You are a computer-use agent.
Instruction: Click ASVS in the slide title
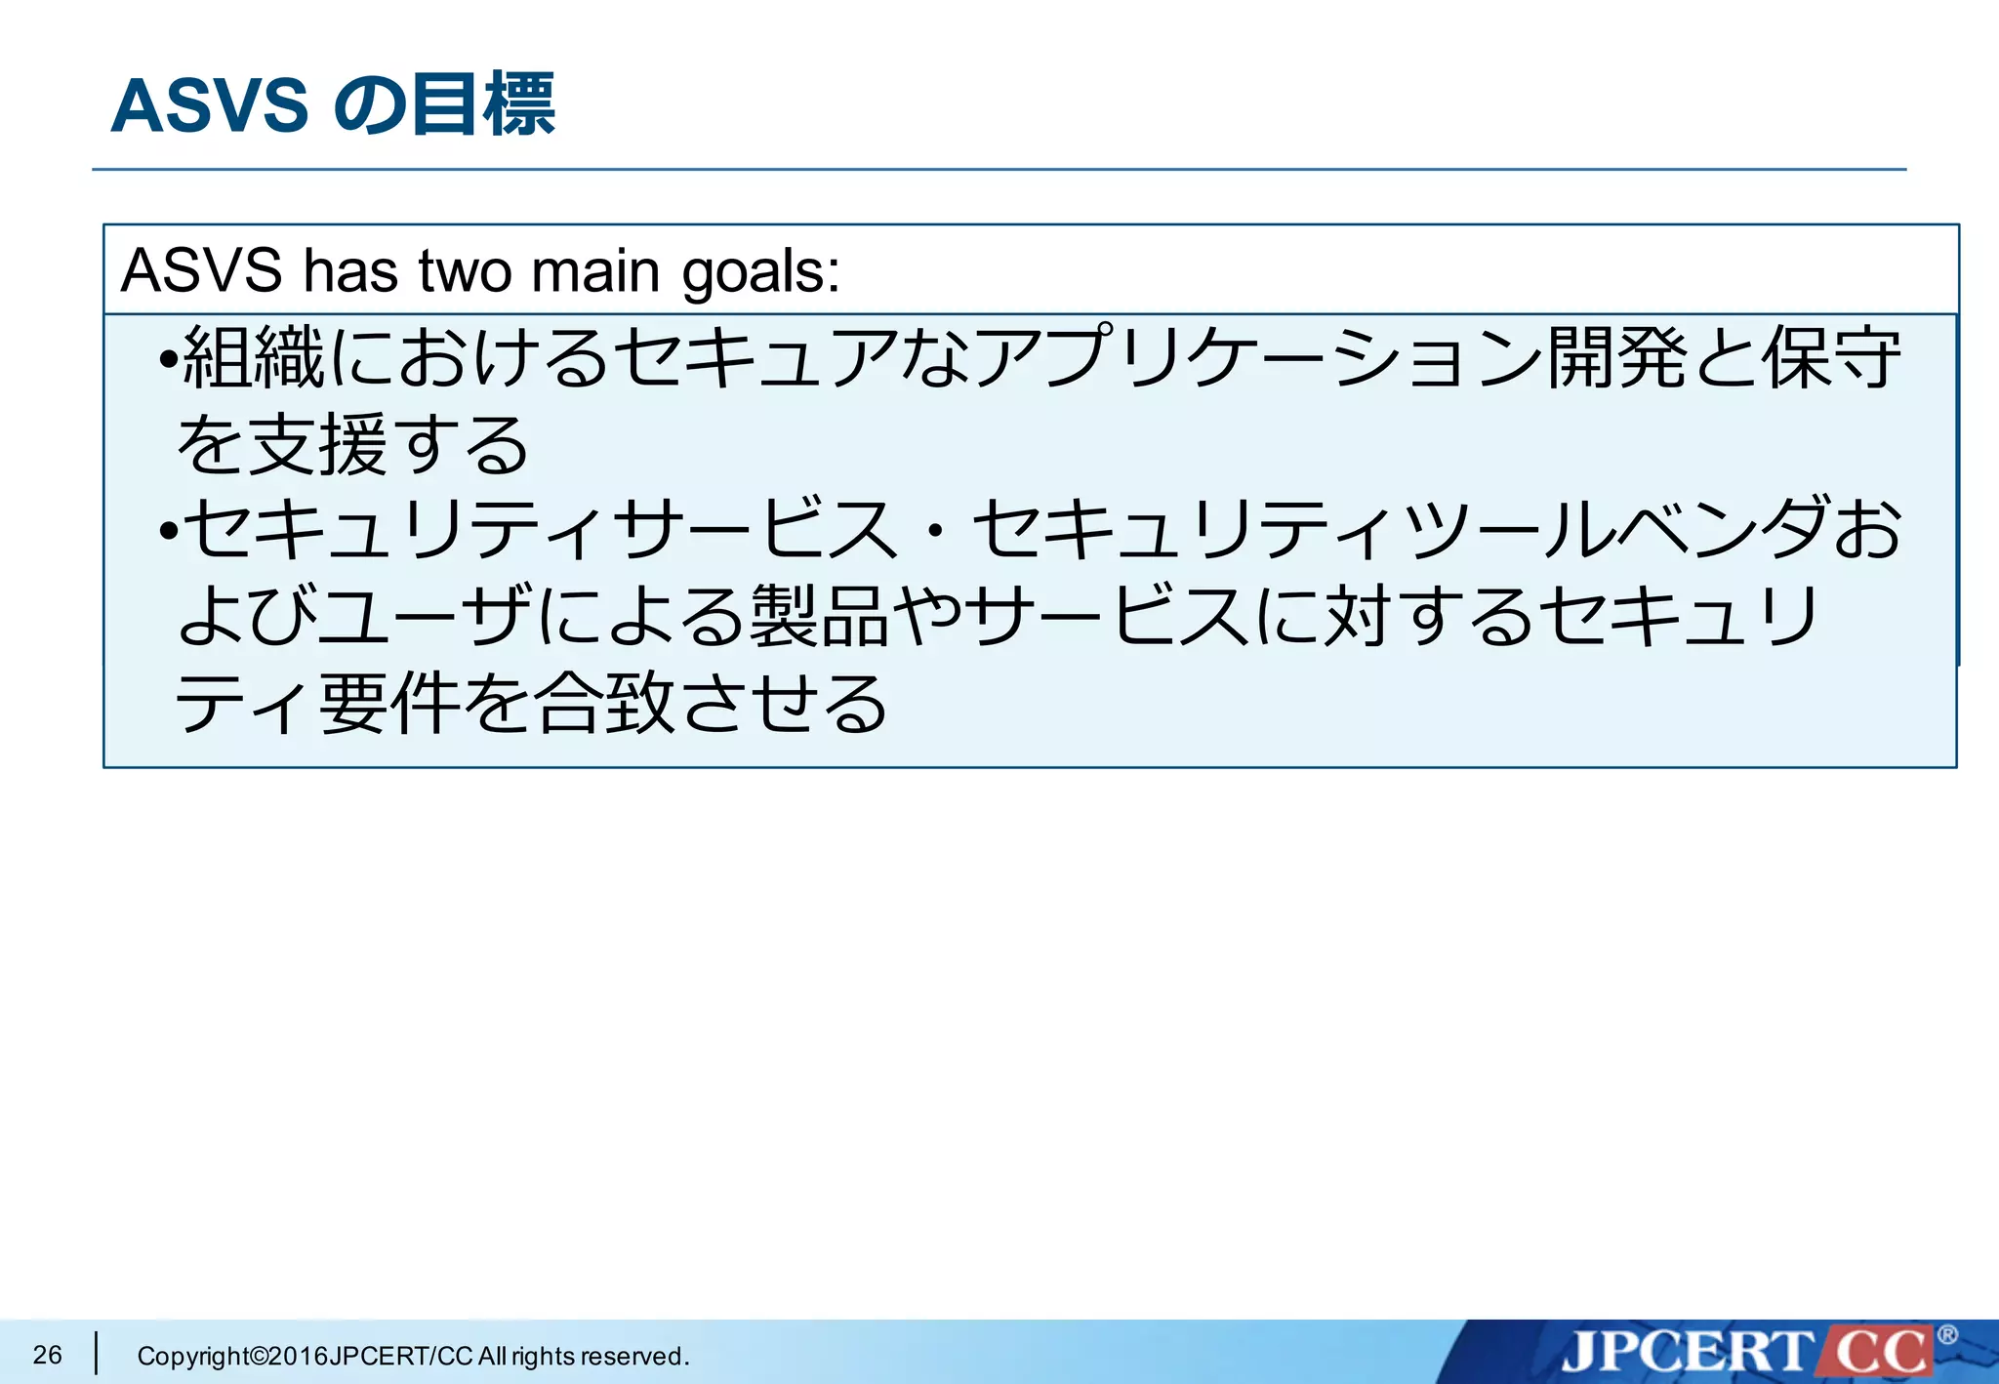coord(209,105)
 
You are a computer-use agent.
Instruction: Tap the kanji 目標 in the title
coord(483,104)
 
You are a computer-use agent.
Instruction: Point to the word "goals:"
coord(760,272)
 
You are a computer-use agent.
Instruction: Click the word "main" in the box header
coord(595,270)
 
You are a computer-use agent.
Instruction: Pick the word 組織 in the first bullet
coord(254,357)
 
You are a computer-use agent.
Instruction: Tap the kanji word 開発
coord(1618,357)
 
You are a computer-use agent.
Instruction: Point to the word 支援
coord(318,444)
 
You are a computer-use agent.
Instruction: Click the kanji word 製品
coord(819,617)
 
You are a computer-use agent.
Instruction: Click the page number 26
coord(47,1355)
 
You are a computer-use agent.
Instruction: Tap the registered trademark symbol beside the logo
coord(1946,1334)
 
